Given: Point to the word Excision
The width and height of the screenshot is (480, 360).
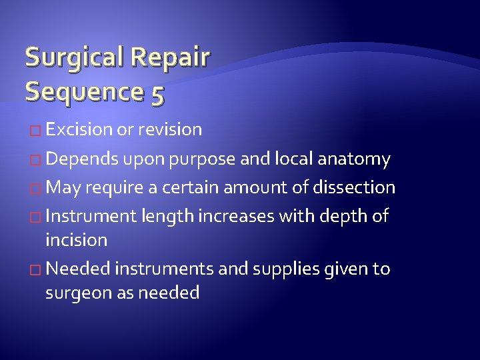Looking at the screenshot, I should [79, 129].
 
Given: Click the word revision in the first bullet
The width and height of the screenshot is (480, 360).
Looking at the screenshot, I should [170, 129].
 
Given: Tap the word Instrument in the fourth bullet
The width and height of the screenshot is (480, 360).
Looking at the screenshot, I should [90, 216].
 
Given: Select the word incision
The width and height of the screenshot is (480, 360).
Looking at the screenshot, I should [76, 239].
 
